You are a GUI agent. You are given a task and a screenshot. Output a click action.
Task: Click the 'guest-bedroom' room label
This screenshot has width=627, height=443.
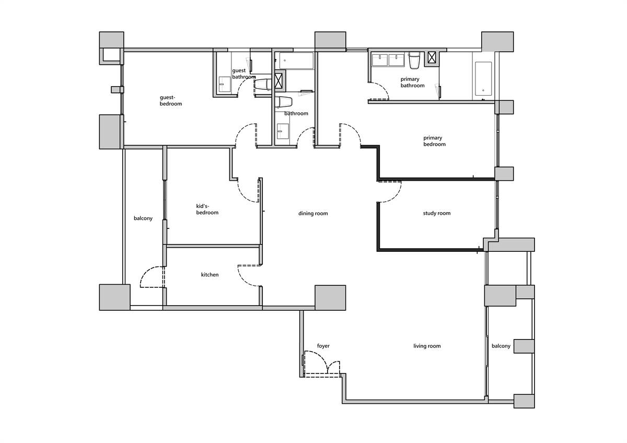(x=171, y=100)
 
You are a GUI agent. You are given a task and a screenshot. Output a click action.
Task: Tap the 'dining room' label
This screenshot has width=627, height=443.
(x=313, y=214)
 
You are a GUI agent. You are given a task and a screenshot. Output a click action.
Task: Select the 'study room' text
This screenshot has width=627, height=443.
(x=437, y=213)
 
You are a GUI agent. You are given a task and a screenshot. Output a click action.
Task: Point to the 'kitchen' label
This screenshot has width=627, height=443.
(x=210, y=275)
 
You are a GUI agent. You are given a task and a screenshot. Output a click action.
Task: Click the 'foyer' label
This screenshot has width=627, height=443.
(x=323, y=346)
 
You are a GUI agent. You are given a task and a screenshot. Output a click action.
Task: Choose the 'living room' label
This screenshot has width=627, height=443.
(x=427, y=346)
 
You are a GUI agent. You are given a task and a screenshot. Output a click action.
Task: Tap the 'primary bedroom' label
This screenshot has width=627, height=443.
(x=434, y=141)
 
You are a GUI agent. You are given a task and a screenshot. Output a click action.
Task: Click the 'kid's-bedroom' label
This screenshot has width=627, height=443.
(x=207, y=209)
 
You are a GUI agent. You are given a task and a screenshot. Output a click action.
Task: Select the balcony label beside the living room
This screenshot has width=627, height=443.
(x=501, y=346)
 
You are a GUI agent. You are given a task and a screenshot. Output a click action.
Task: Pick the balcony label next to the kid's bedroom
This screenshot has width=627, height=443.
(x=143, y=218)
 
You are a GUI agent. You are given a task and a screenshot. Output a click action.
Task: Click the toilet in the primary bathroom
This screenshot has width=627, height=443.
(x=414, y=61)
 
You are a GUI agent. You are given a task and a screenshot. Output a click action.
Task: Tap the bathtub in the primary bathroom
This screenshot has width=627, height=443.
(x=483, y=79)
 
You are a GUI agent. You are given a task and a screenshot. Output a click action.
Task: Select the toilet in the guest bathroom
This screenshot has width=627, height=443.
(x=262, y=85)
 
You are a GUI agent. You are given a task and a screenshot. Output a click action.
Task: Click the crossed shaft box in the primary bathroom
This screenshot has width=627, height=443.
(x=432, y=57)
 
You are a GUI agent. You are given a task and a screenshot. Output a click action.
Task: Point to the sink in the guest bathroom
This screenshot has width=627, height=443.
(x=225, y=84)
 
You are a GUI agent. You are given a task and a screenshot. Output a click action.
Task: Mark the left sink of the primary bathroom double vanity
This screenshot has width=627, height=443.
(x=380, y=60)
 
